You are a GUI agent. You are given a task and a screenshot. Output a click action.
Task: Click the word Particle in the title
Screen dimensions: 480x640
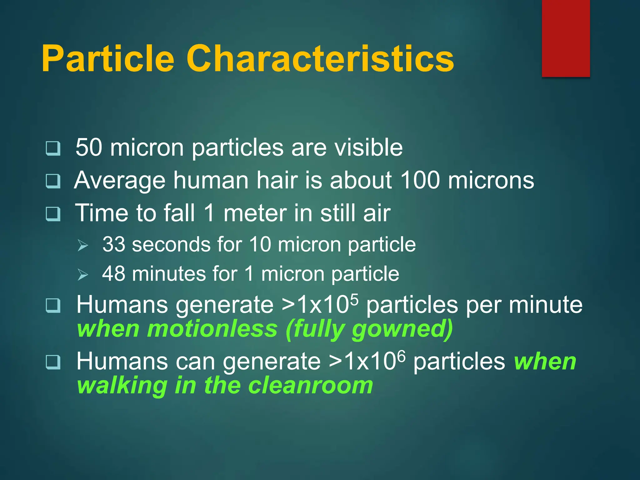click(x=108, y=59)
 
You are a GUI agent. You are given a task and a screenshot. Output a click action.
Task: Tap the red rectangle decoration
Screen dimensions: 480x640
click(x=566, y=38)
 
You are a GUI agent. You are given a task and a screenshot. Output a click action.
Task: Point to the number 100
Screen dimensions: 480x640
click(x=420, y=180)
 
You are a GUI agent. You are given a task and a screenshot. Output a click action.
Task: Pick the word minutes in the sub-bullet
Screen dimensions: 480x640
click(x=168, y=274)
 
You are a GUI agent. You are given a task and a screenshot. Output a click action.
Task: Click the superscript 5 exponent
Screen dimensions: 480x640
click(x=354, y=299)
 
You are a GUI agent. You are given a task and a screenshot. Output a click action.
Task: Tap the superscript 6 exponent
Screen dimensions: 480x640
click(x=402, y=356)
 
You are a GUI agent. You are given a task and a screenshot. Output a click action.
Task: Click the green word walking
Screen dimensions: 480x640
click(x=122, y=386)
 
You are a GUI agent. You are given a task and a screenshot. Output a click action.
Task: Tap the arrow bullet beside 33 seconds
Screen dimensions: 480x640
click(x=83, y=246)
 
